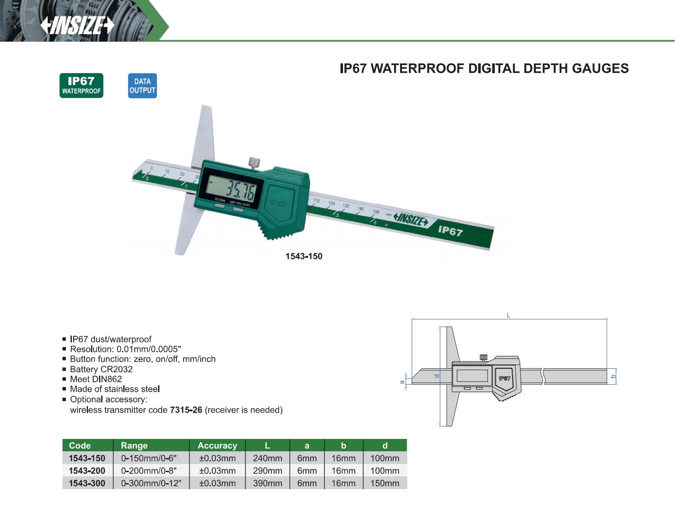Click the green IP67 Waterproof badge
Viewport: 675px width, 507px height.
click(x=81, y=85)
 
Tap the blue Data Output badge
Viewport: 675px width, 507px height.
click(x=142, y=86)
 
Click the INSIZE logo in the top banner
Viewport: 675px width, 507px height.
click(x=77, y=25)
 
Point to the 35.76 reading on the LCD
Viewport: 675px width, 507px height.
click(x=241, y=191)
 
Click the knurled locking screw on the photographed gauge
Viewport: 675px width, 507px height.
click(x=254, y=163)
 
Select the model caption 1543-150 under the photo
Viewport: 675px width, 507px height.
click(x=304, y=256)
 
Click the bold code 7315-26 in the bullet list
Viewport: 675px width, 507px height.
click(x=186, y=410)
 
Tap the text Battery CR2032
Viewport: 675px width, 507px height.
click(x=101, y=369)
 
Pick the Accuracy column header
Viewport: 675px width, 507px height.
click(x=217, y=445)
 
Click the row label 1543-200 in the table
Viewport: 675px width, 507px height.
click(x=87, y=471)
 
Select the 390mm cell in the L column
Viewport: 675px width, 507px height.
click(x=267, y=483)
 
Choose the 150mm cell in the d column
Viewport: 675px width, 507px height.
click(x=385, y=483)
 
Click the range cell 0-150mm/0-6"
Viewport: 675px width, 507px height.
click(x=149, y=458)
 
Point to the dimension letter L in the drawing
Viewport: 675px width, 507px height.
click(x=509, y=315)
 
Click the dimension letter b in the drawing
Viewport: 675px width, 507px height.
click(x=613, y=376)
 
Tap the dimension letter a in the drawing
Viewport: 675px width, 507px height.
click(x=402, y=382)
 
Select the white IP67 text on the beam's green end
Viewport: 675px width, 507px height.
click(x=450, y=231)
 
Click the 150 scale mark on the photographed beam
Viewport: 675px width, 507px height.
click(x=376, y=212)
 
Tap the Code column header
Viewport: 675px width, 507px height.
click(x=79, y=445)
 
